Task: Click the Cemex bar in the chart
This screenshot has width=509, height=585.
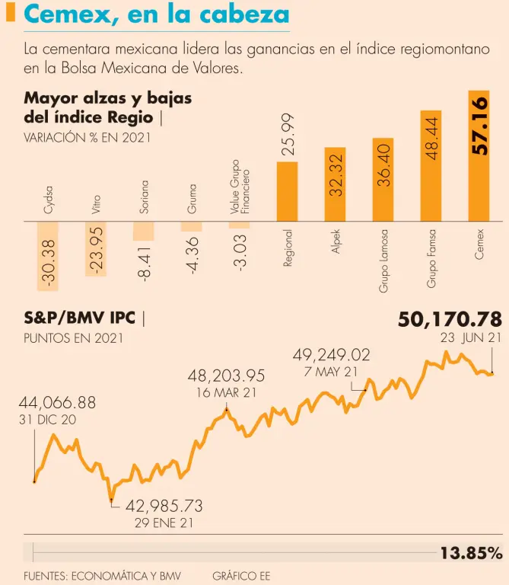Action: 479,156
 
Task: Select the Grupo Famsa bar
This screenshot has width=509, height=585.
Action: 431,166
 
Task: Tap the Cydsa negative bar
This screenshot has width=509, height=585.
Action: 48,256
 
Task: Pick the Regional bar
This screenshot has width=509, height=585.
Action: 287,191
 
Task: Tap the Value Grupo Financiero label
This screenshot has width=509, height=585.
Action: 240,186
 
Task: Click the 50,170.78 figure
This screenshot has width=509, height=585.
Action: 450,318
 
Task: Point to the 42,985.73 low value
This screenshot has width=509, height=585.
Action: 164,506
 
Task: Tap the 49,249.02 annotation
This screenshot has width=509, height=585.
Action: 332,354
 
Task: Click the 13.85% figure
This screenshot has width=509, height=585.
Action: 471,553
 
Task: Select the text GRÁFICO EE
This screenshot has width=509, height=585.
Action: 241,576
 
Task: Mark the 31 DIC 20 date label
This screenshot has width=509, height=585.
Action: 47,420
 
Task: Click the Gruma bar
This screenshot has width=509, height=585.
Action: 191,226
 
